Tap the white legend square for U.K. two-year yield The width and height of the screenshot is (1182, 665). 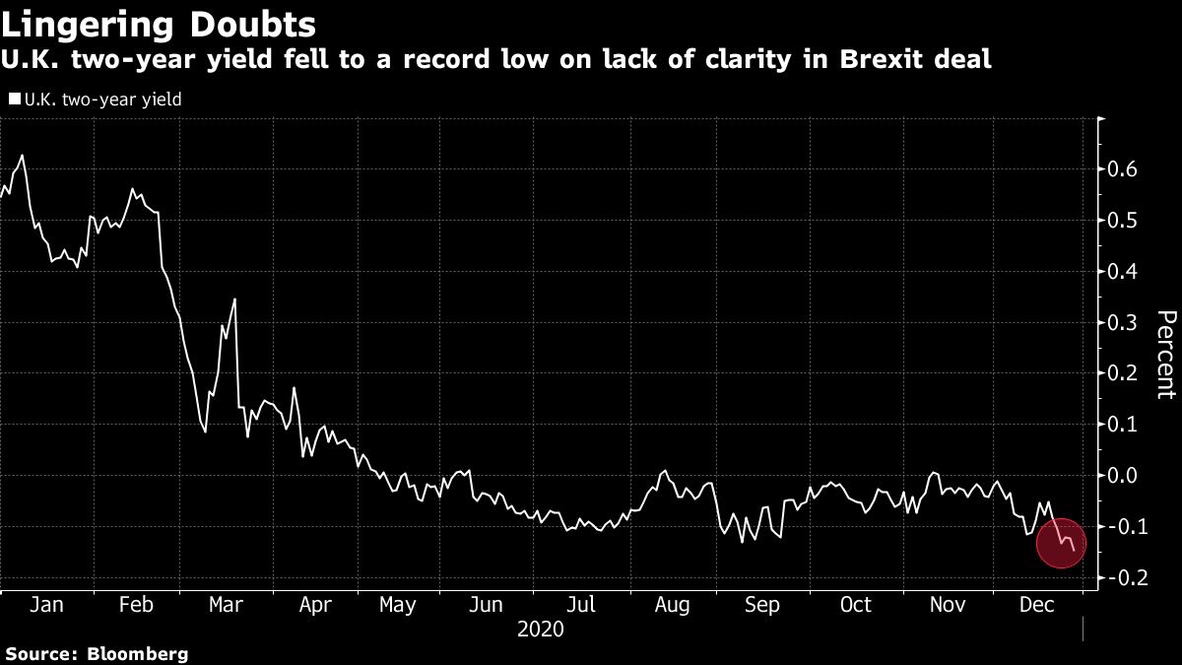14,99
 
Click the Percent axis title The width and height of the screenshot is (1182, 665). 1165,355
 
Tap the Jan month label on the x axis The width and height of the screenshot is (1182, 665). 46,605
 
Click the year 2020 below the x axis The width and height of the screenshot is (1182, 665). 540,629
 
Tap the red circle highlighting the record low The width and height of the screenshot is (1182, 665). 1061,543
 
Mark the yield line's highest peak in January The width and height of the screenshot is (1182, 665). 22,156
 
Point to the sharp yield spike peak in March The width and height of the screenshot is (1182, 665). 234,299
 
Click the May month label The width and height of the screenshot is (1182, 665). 397,605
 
